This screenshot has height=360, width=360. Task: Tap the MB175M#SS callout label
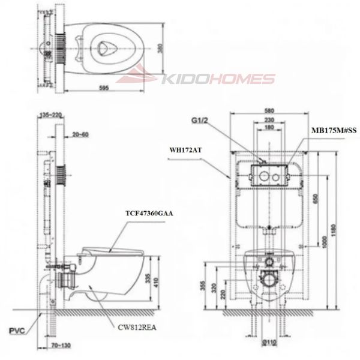click(x=334, y=129)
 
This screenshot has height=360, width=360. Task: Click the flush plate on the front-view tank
click(x=268, y=176)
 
